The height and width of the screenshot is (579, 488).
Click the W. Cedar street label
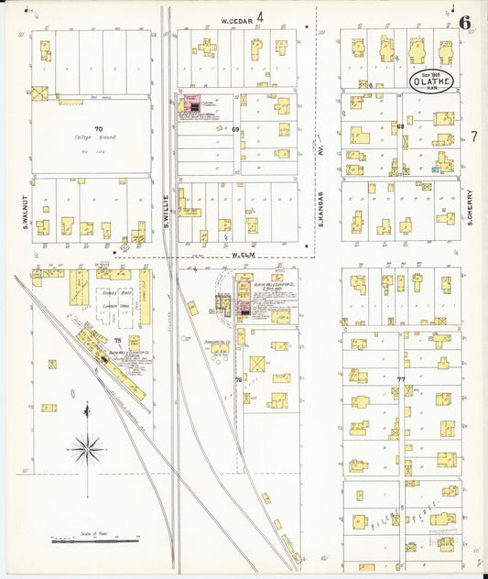click(236, 18)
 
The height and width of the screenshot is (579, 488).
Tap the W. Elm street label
click(242, 255)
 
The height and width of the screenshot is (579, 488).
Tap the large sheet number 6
click(466, 22)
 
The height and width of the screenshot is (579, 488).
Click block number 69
click(235, 130)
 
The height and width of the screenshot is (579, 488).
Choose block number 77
click(401, 378)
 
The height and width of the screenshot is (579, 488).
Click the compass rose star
click(87, 447)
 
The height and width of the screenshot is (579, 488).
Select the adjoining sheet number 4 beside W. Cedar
click(260, 16)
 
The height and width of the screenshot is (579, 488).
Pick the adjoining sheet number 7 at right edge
click(474, 137)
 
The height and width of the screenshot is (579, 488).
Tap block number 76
click(238, 378)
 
